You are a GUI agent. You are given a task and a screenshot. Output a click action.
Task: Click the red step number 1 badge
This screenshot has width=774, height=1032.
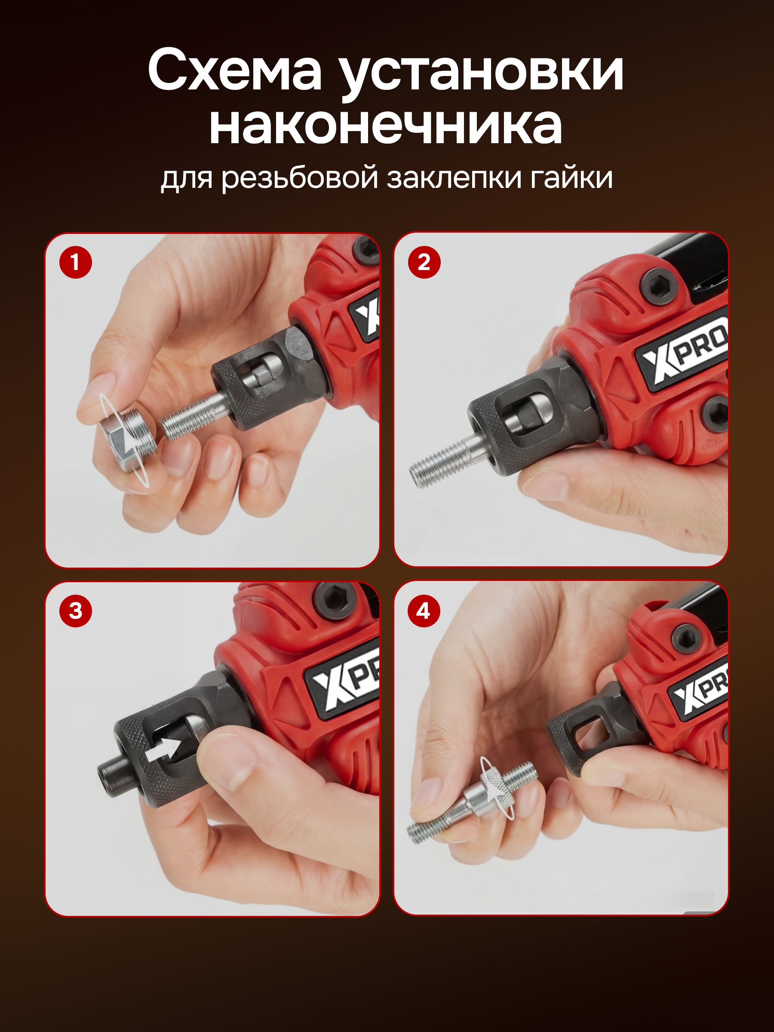[76, 263]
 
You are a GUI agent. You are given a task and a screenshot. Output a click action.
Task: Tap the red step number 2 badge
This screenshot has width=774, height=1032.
[424, 263]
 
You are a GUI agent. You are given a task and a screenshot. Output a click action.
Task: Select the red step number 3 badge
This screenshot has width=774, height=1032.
[76, 611]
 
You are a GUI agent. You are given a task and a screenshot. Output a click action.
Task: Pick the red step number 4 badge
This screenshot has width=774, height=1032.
[424, 611]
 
